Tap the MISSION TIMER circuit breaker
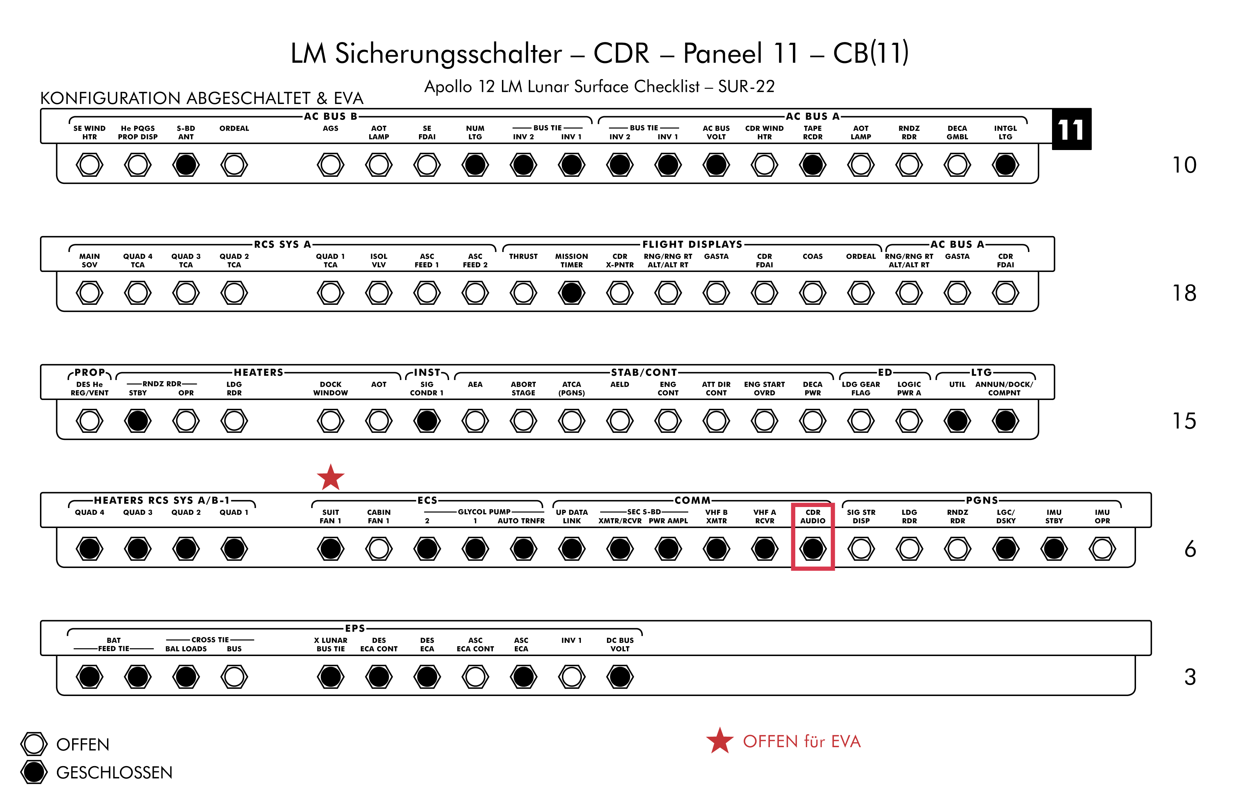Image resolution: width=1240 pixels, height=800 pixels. click(x=571, y=293)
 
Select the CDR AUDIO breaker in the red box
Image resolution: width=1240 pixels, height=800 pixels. click(x=813, y=549)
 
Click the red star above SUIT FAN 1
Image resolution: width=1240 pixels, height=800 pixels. click(x=330, y=478)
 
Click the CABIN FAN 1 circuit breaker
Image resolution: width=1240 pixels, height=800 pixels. click(x=379, y=549)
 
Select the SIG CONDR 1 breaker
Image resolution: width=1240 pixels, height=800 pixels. click(x=427, y=421)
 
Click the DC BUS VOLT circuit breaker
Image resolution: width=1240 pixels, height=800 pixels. click(x=620, y=676)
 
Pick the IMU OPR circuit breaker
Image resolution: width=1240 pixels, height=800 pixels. click(x=1102, y=549)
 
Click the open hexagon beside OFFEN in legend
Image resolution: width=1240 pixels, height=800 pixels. click(x=34, y=744)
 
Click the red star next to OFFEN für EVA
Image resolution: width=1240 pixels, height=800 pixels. click(x=719, y=741)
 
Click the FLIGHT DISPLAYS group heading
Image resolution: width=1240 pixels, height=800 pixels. click(x=692, y=244)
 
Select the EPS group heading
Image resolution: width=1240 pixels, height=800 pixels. click(x=355, y=628)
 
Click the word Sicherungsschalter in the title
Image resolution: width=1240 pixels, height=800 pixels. click(x=448, y=54)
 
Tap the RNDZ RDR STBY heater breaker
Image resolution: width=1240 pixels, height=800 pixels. click(x=138, y=421)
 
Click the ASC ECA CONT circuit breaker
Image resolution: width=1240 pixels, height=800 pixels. click(x=475, y=676)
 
